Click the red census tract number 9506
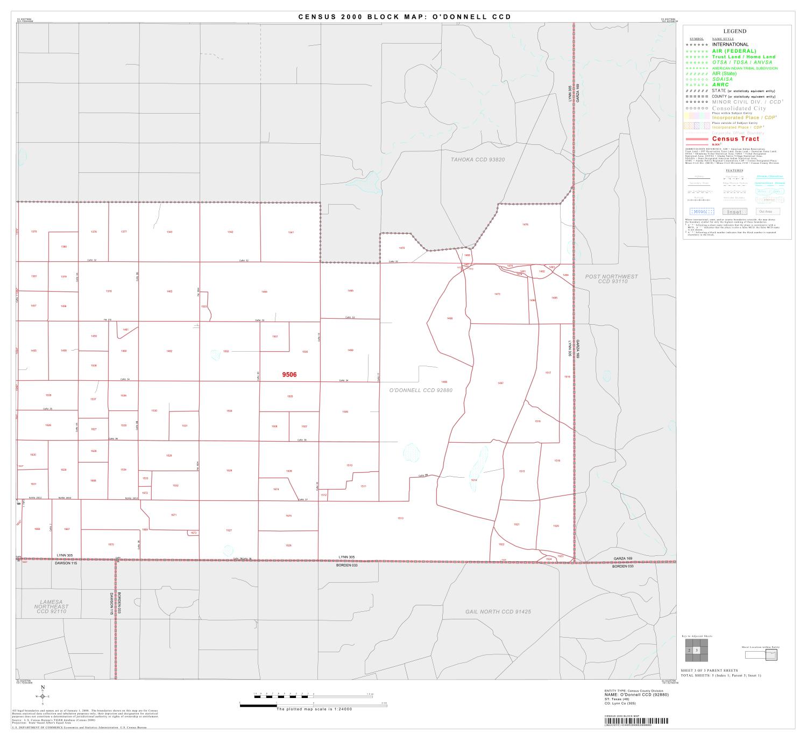(x=289, y=374)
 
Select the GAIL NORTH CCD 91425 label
(x=498, y=612)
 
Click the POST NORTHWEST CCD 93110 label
(x=611, y=279)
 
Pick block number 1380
(x=63, y=247)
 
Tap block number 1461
(x=126, y=330)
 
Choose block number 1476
(x=525, y=225)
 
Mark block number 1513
(x=400, y=518)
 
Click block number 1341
(x=291, y=232)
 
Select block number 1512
(x=323, y=494)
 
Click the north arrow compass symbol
(x=43, y=696)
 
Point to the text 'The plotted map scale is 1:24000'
(x=314, y=709)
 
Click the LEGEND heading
(x=734, y=31)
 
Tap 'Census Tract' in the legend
(x=735, y=139)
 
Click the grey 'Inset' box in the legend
(x=734, y=212)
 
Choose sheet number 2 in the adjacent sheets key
(x=689, y=651)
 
